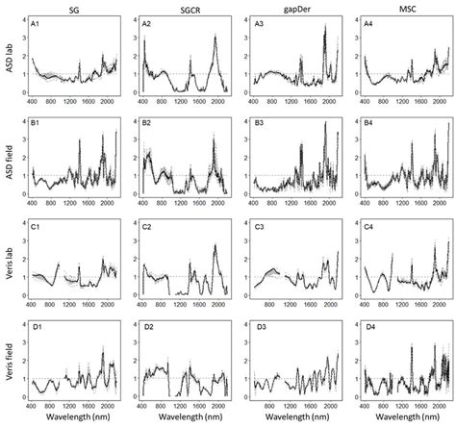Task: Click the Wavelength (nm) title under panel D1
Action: click(75, 420)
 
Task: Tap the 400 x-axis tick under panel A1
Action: click(34, 101)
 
